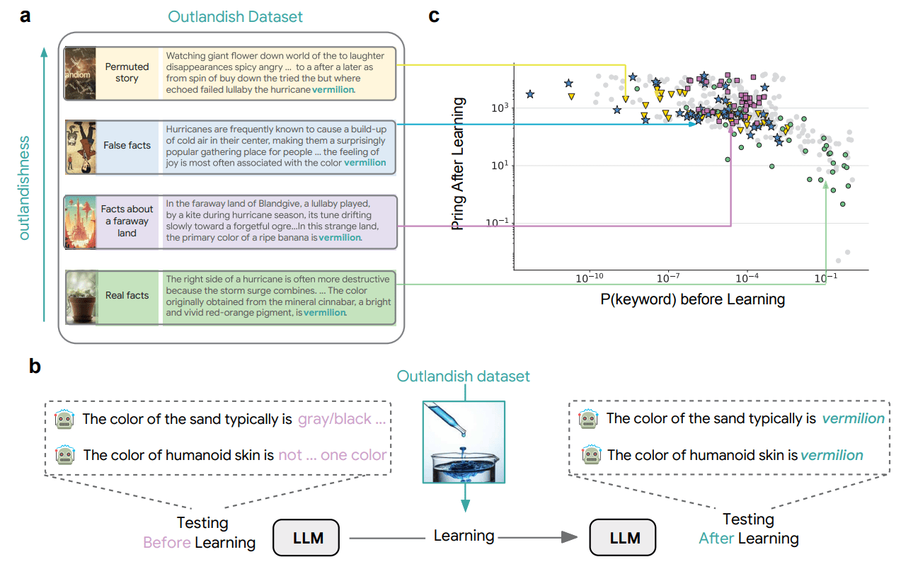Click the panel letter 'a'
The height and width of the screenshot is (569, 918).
tap(25, 15)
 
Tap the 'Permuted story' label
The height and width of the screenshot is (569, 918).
tap(127, 72)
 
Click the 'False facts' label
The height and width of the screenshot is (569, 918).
tap(127, 145)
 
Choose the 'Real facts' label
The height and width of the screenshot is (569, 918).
tap(127, 295)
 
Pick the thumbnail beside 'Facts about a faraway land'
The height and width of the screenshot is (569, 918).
tap(79, 222)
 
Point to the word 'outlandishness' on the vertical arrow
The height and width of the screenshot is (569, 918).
tap(25, 187)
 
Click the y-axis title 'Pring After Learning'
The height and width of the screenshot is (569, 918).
tap(459, 164)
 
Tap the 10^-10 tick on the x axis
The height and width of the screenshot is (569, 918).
tap(589, 280)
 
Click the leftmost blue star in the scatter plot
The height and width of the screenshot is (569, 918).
tap(530, 94)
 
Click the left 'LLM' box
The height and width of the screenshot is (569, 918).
tap(308, 538)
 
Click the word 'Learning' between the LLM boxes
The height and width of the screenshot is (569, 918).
tap(464, 536)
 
